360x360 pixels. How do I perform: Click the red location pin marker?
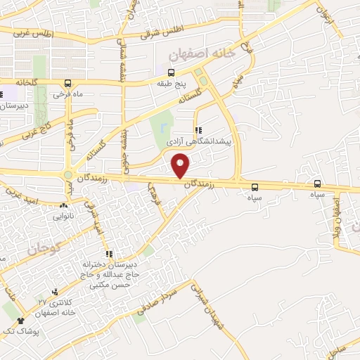tap(181, 166)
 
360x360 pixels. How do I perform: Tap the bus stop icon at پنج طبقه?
tap(171, 72)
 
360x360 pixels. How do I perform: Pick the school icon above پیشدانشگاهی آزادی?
tap(199, 130)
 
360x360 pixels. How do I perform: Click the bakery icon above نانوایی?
tap(65, 206)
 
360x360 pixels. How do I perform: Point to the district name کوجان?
tap(46, 248)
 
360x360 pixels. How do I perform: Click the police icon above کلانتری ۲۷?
tap(55, 291)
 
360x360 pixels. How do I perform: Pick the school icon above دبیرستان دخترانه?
tap(108, 254)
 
